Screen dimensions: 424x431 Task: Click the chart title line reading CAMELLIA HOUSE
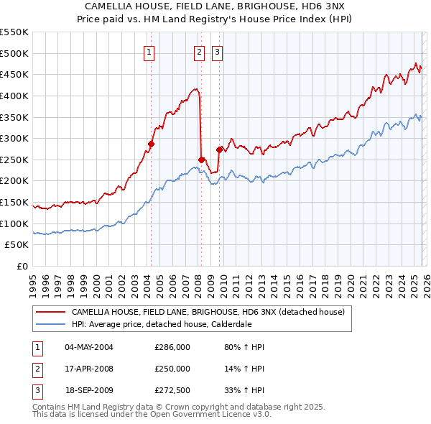[x=215, y=6]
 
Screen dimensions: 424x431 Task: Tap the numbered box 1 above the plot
[x=149, y=51]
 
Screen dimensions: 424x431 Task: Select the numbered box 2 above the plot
[x=199, y=51]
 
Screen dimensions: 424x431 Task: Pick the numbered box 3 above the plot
[x=216, y=51]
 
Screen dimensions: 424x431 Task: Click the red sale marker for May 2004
[x=151, y=144]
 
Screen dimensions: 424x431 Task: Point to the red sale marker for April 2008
[x=201, y=160]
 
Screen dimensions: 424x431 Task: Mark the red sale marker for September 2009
[x=219, y=149]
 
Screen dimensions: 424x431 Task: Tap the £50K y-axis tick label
[x=17, y=245]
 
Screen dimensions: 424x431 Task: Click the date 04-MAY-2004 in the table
[x=89, y=347]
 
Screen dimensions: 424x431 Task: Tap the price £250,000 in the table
[x=172, y=369]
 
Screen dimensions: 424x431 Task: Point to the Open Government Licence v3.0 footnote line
[x=152, y=415]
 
